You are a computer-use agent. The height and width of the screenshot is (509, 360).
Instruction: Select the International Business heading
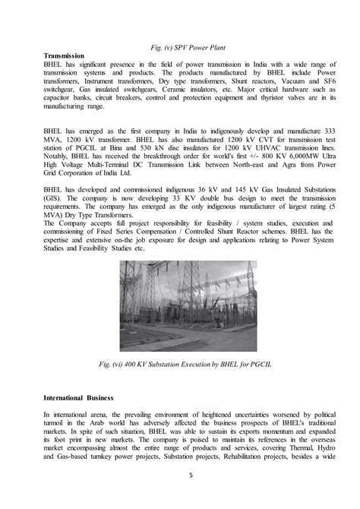[78, 397]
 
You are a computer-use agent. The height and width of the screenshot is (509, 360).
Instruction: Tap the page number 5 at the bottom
[180, 498]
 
